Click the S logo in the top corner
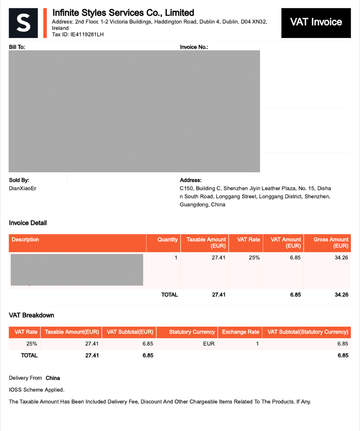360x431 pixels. pos(23,22)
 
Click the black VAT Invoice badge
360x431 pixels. pos(316,22)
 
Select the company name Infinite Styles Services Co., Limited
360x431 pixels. pos(123,13)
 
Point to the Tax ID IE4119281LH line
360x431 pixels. pos(78,34)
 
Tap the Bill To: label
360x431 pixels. pos(17,47)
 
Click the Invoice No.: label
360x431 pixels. pos(194,47)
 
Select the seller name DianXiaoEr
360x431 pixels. pos(23,189)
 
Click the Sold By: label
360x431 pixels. pos(19,180)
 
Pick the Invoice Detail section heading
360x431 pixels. pos(28,223)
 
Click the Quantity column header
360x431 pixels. pos(167,239)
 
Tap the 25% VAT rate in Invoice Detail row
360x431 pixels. pos(254,258)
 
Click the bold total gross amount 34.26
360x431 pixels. pos(341,295)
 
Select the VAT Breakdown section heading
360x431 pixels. pos(31,315)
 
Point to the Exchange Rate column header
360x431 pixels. pos(240,332)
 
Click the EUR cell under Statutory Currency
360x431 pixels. pos(209,344)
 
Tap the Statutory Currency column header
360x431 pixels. pos(192,332)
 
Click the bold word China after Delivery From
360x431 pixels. pos(53,378)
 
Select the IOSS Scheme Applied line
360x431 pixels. pos(37,390)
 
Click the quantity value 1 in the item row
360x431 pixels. pos(176,258)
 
